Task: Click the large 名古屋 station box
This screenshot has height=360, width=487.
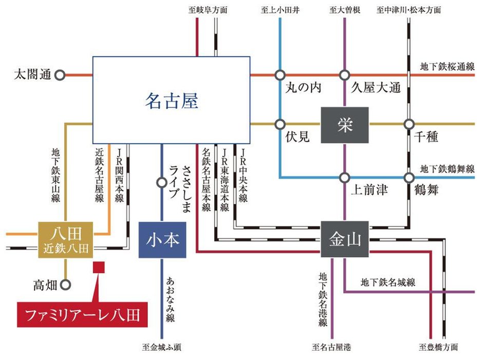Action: click(x=171, y=100)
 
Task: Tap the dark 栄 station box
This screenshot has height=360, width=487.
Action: click(x=344, y=125)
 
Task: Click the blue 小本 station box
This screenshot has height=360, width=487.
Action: click(x=162, y=239)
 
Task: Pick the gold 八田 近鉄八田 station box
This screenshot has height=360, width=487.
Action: click(x=65, y=239)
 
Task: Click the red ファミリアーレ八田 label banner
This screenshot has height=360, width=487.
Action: click(x=82, y=314)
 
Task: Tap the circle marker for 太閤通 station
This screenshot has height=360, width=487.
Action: click(x=60, y=75)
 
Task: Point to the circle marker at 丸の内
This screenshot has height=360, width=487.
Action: click(x=280, y=75)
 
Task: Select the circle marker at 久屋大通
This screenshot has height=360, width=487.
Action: click(x=344, y=75)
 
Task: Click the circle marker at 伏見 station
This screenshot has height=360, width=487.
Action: click(x=280, y=124)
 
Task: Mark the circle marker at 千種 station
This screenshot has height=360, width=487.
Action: click(x=409, y=124)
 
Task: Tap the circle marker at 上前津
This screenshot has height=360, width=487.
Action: click(x=344, y=178)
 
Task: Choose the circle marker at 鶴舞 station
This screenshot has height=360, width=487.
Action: click(x=409, y=178)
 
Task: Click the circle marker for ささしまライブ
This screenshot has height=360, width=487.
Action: click(x=162, y=182)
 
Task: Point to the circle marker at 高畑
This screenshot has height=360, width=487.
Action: click(x=65, y=284)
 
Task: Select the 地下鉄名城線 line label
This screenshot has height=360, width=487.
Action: click(x=388, y=282)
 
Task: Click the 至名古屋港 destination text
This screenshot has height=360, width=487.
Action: click(x=332, y=347)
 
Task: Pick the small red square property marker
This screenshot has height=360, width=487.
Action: click(x=98, y=267)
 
